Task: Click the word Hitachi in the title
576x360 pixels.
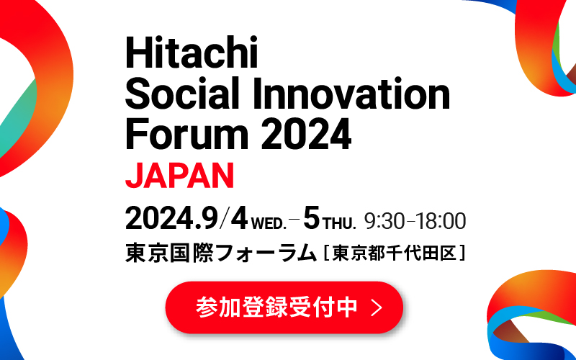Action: tap(192, 53)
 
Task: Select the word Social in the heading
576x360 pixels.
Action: tap(182, 94)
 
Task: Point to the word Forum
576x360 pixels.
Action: tap(187, 134)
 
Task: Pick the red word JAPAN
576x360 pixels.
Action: tap(179, 176)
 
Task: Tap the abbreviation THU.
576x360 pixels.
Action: tap(339, 223)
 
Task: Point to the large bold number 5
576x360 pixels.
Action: tap(312, 220)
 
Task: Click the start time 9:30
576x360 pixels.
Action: tap(384, 222)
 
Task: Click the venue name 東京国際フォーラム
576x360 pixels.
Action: tap(221, 253)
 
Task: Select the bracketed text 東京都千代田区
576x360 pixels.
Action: tap(395, 253)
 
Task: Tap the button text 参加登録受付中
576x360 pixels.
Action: tap(276, 307)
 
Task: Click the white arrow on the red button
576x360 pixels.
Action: tap(377, 307)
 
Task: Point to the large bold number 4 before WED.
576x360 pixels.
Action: tap(239, 220)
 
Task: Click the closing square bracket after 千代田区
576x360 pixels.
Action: tap(462, 253)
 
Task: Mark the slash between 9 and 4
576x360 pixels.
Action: tap(224, 220)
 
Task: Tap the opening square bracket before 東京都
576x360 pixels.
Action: tap(327, 253)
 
